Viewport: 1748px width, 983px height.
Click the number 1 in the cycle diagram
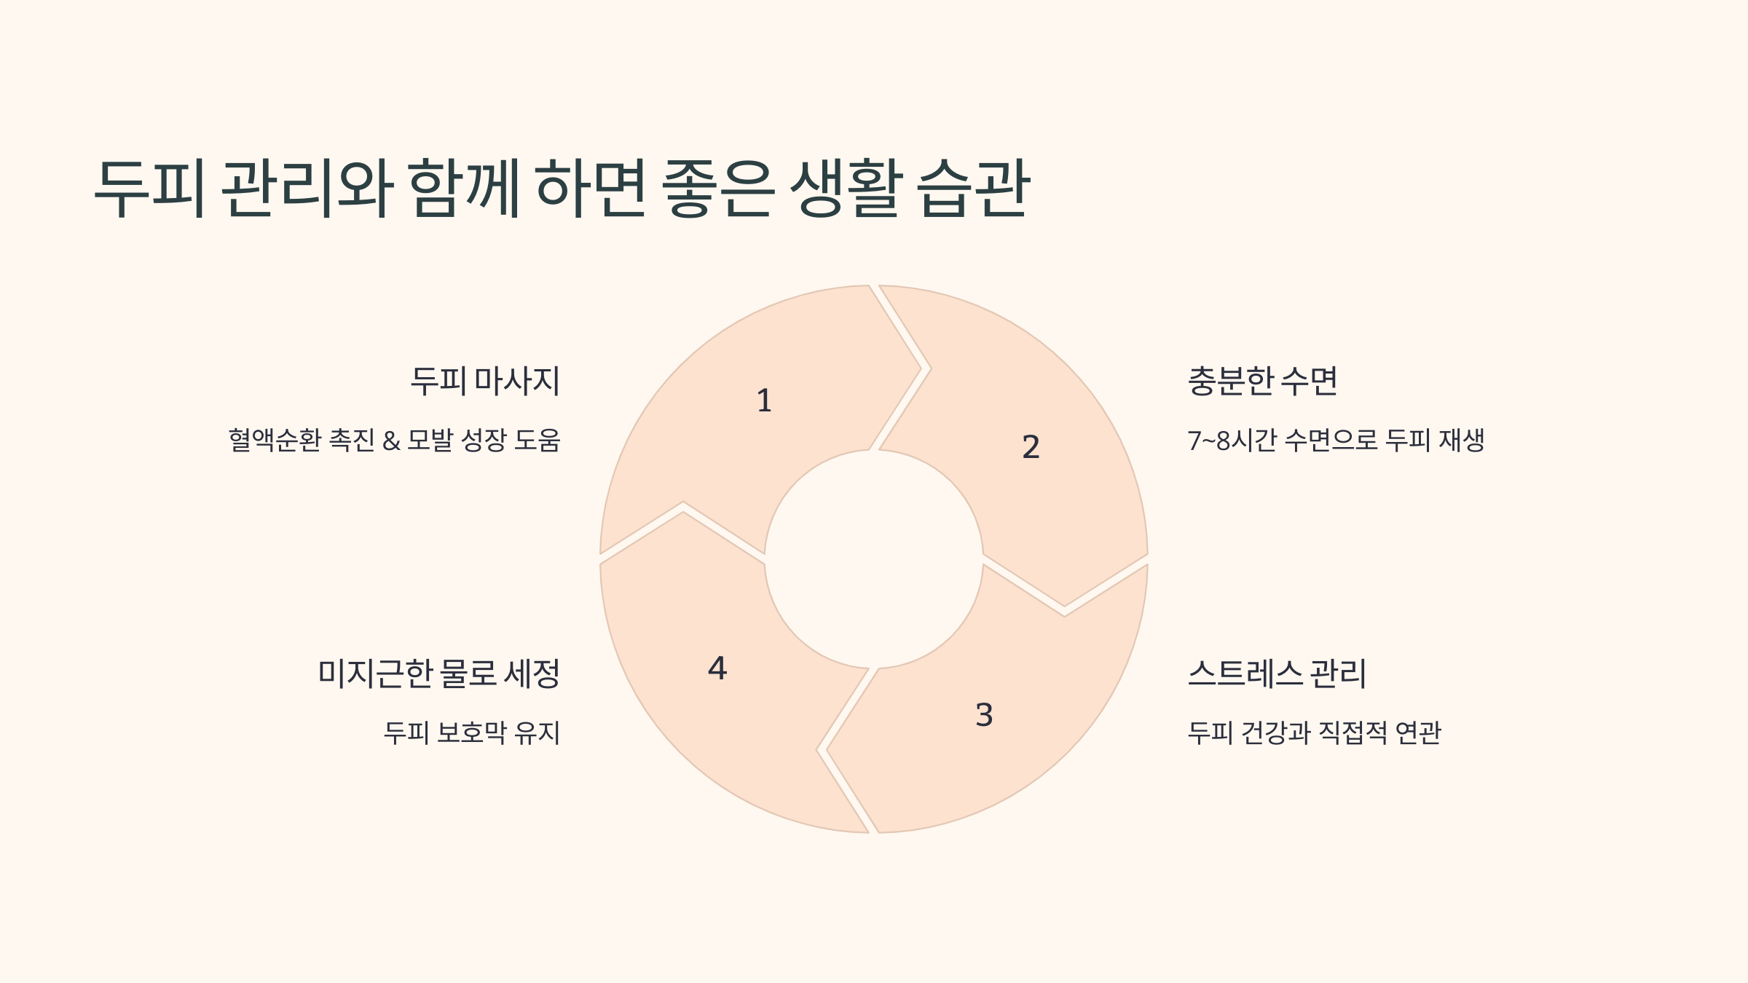pyautogui.click(x=764, y=400)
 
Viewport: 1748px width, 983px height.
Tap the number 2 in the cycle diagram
pyautogui.click(x=1031, y=447)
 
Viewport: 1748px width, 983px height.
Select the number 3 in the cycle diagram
pyautogui.click(x=984, y=715)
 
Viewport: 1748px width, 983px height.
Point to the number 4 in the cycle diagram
pyautogui.click(x=717, y=668)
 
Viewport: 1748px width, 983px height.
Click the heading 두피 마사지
pyautogui.click(x=485, y=381)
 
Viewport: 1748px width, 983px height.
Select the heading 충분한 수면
pyautogui.click(x=1262, y=381)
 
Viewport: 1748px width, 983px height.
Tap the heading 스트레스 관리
pyautogui.click(x=1277, y=674)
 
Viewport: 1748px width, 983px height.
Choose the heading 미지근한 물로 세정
pyautogui.click(x=439, y=674)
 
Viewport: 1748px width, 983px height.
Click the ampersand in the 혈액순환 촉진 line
pyautogui.click(x=391, y=441)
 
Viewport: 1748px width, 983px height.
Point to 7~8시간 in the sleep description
pyautogui.click(x=1231, y=441)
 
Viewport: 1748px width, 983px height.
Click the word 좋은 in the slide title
pyautogui.click(x=718, y=188)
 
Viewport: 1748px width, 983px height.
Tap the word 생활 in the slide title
pyautogui.click(x=846, y=188)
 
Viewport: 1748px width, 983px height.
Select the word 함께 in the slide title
pyautogui.click(x=464, y=188)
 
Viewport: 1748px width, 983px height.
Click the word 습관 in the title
pyautogui.click(x=974, y=188)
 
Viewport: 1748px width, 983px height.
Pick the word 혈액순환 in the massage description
pyautogui.click(x=275, y=441)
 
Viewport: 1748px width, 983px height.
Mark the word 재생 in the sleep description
pyautogui.click(x=1461, y=441)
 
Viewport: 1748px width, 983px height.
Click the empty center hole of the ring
pyautogui.click(x=873, y=559)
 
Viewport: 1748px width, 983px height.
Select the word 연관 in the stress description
pyautogui.click(x=1418, y=733)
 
